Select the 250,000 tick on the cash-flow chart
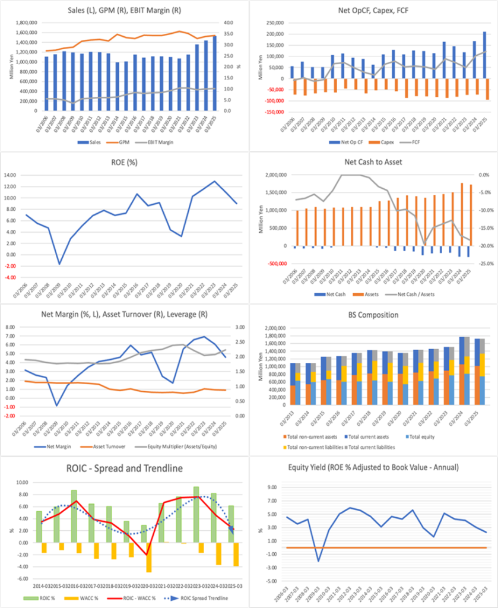(x=277, y=22)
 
